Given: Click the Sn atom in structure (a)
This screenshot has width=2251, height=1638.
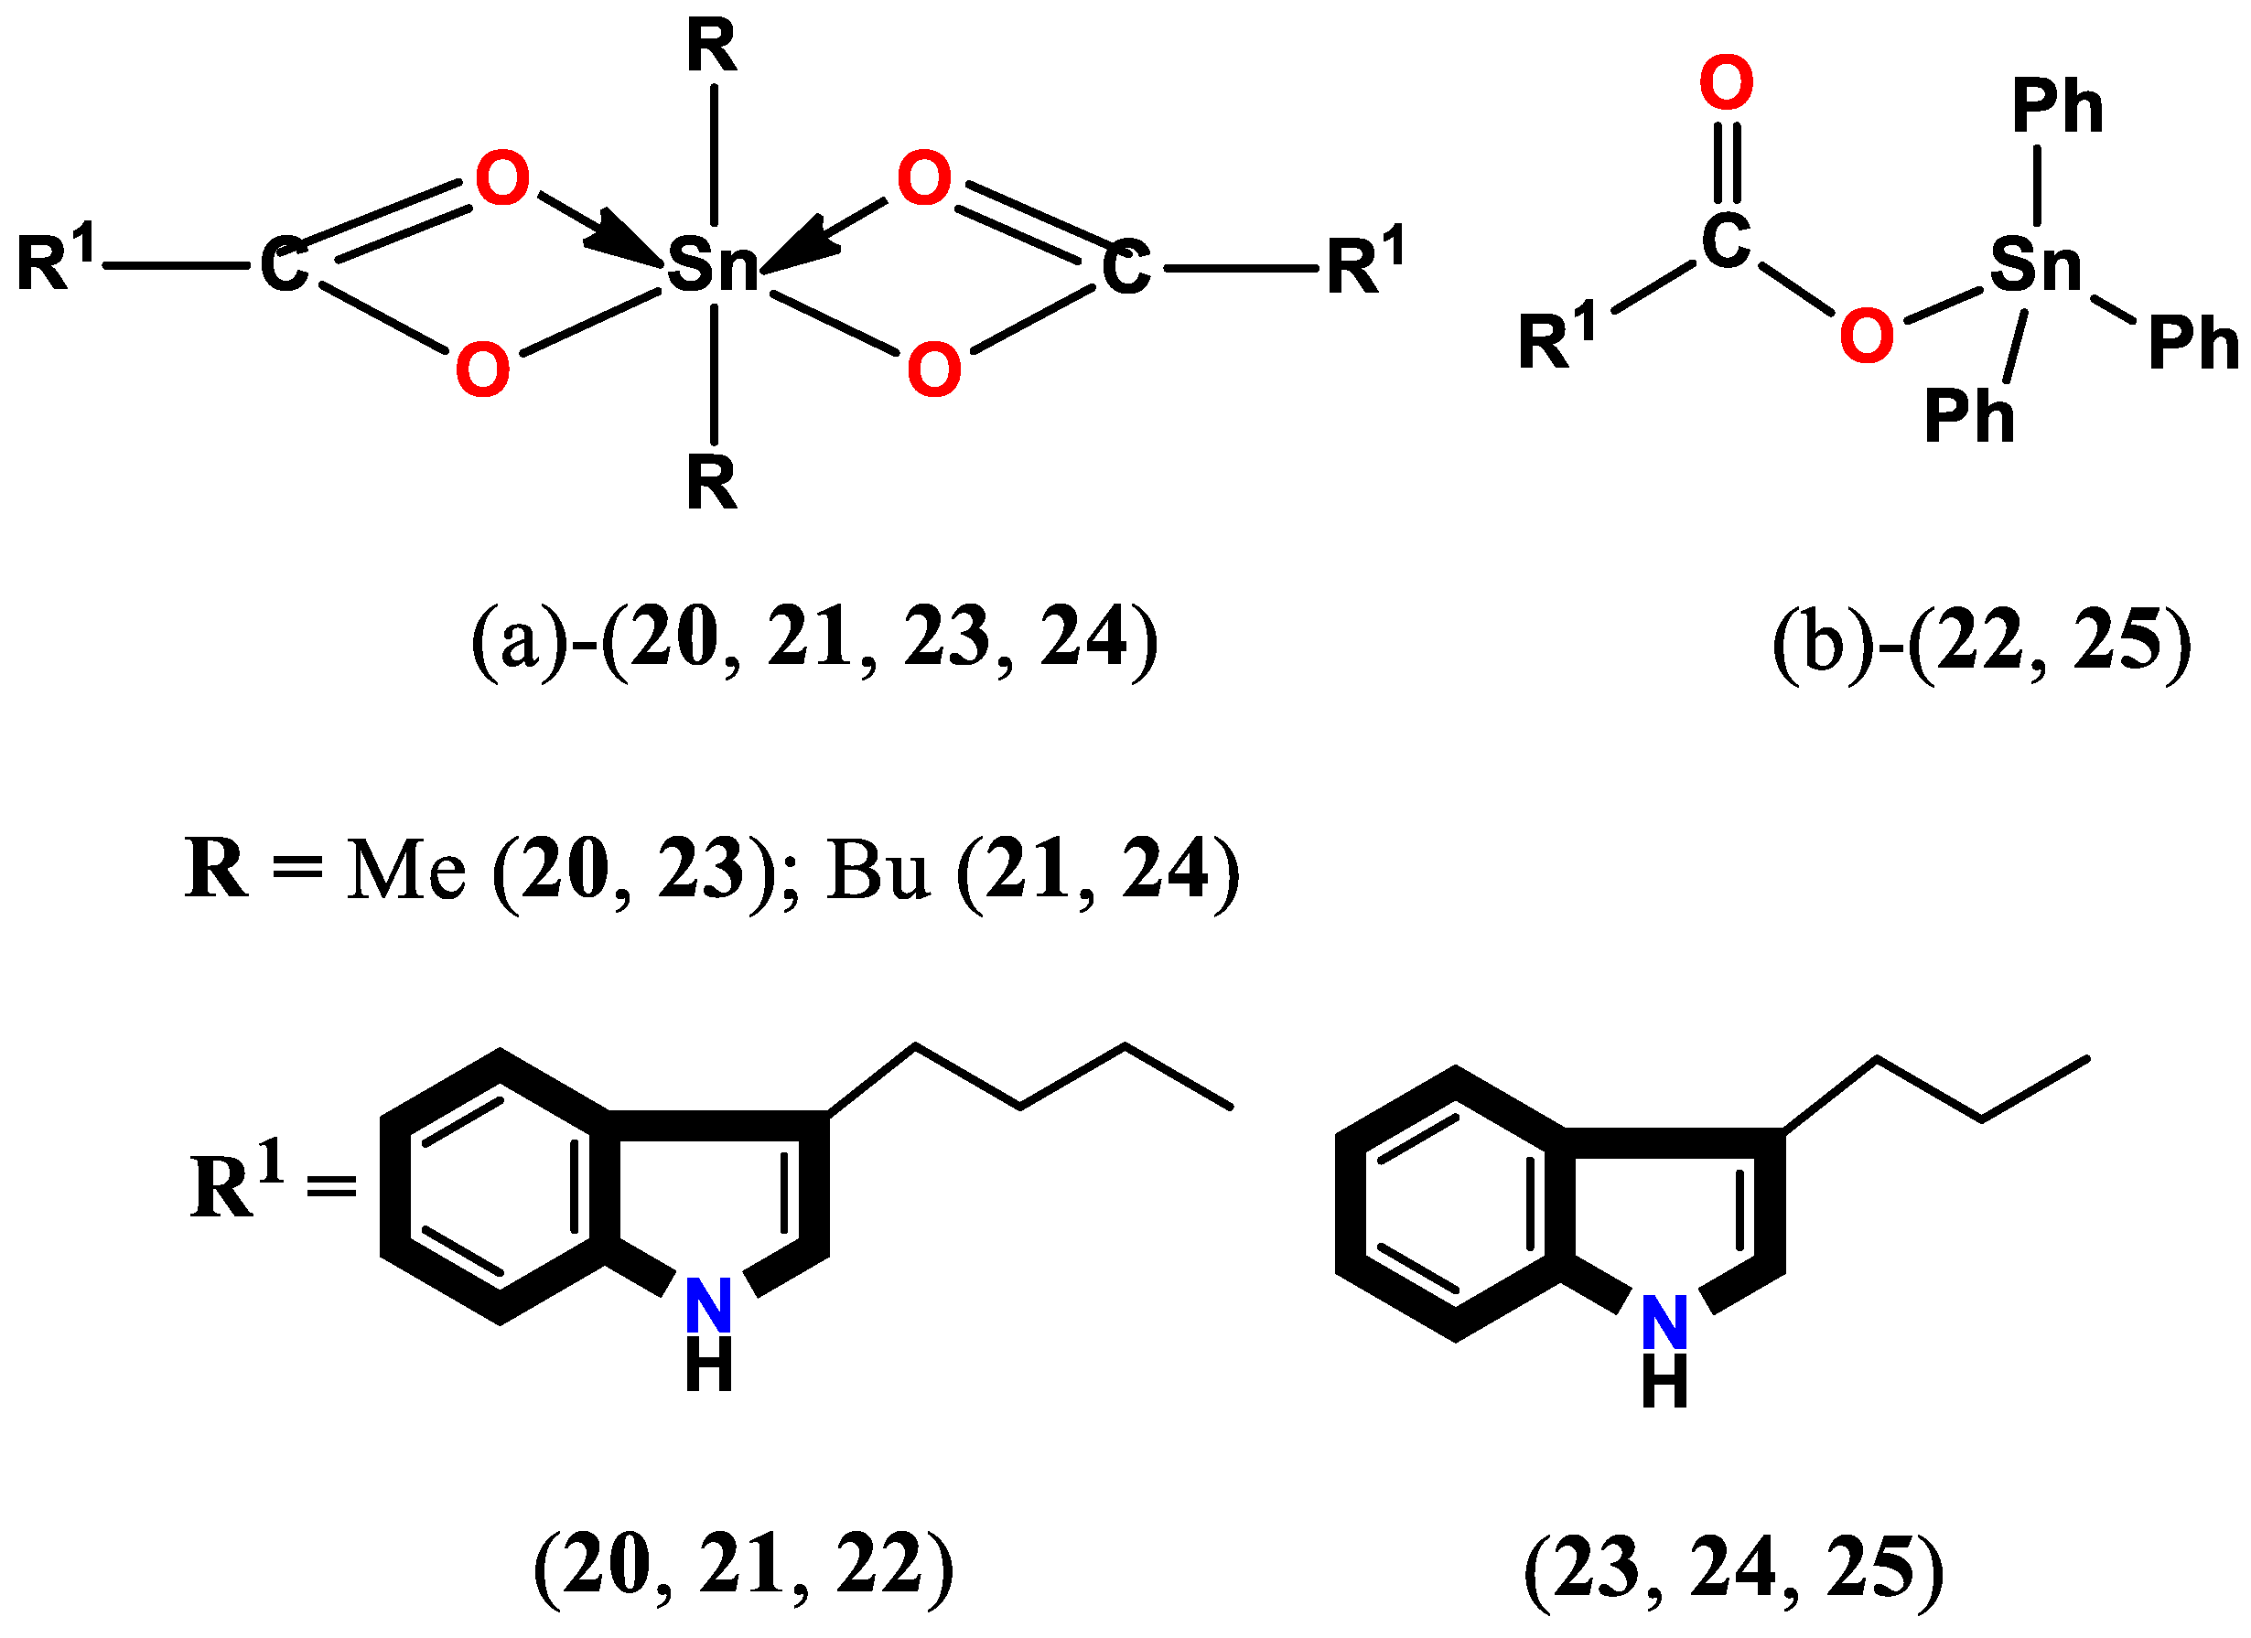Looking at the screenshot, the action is (x=712, y=266).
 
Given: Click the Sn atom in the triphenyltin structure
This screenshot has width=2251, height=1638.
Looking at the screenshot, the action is (x=2035, y=265).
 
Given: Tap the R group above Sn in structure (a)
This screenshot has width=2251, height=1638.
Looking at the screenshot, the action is (x=712, y=47).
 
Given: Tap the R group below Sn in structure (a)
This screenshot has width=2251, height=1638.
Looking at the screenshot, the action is (x=712, y=483).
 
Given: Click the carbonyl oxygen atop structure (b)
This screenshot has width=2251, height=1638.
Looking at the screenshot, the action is (x=1726, y=83).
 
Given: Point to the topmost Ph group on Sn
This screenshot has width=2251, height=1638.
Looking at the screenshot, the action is (x=2057, y=107).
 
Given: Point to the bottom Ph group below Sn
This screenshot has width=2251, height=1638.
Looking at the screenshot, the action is (x=1969, y=416).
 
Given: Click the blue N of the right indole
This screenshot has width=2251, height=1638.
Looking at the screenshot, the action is (x=1664, y=1322).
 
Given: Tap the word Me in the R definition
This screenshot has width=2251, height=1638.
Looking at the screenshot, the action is (x=406, y=871).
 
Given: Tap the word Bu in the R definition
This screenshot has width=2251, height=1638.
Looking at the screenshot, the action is (x=878, y=871).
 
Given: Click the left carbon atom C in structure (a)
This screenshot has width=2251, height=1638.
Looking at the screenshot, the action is (x=283, y=266).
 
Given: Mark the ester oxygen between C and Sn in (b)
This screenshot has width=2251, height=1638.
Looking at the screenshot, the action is (x=1866, y=336).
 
